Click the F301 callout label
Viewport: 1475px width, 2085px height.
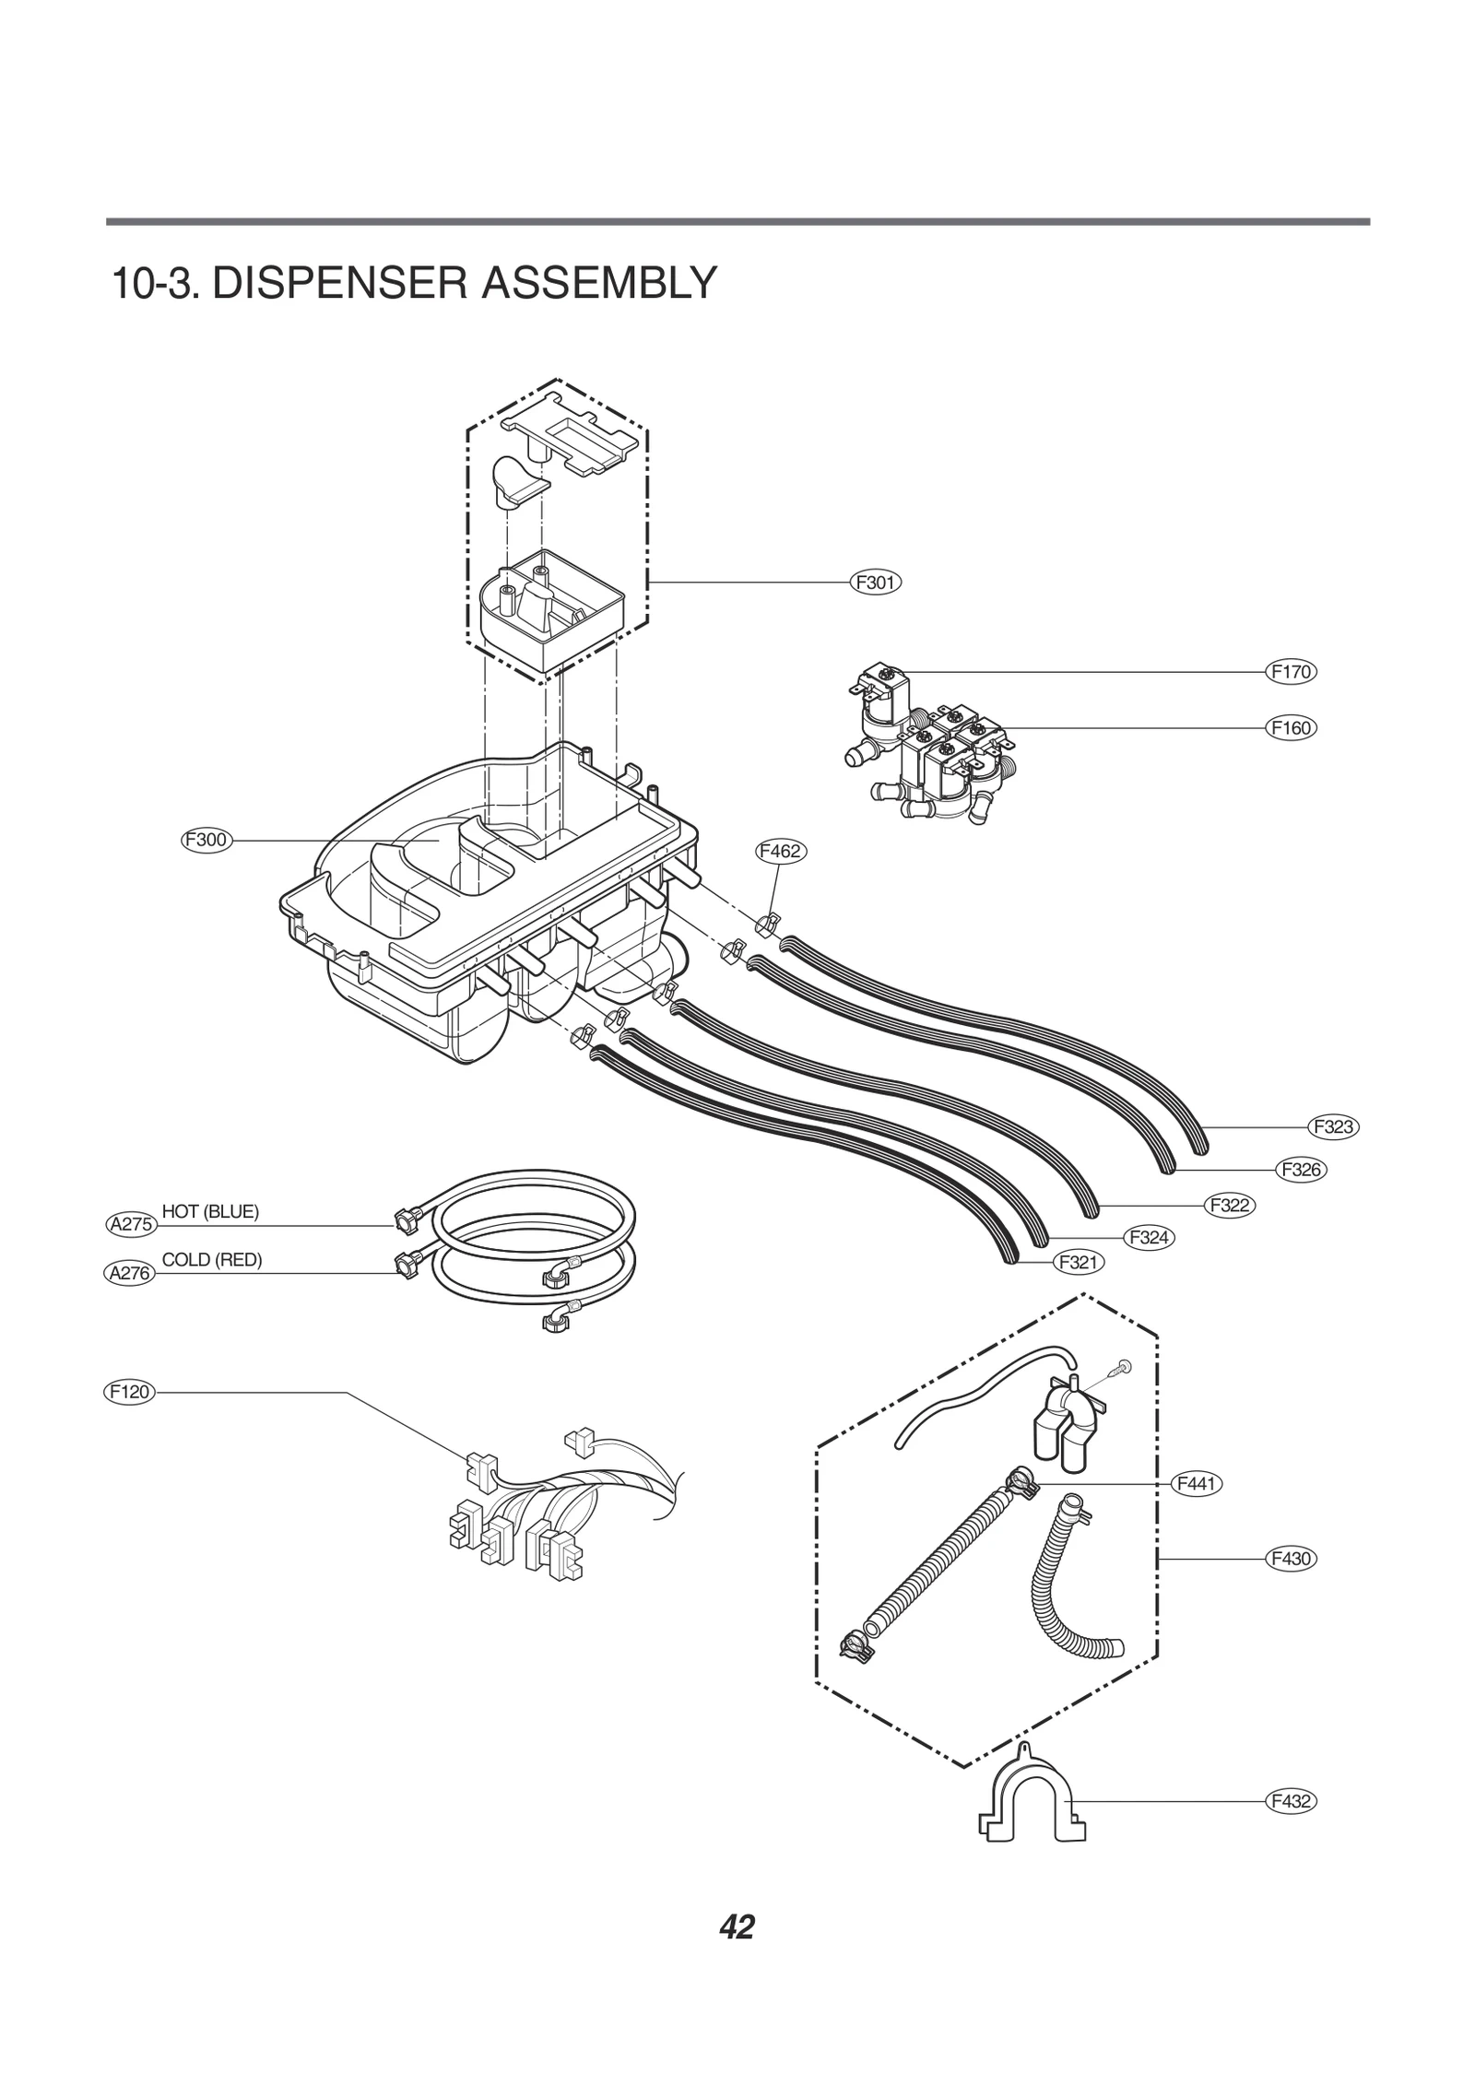[x=874, y=583]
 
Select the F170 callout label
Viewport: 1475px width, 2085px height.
[x=1290, y=672]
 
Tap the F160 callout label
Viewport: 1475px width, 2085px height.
[x=1290, y=728]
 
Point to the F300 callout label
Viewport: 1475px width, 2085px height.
[x=206, y=840]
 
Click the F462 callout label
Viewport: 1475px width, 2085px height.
[x=780, y=852]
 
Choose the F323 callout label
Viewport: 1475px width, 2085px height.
[x=1333, y=1126]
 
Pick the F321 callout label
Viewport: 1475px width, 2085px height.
[x=1078, y=1262]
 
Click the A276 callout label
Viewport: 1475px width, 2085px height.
[x=129, y=1274]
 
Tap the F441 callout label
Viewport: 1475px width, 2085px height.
[x=1196, y=1484]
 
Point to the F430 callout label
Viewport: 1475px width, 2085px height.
[x=1290, y=1559]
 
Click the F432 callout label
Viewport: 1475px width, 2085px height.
[x=1290, y=1801]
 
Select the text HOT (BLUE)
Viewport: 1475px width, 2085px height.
[x=210, y=1211]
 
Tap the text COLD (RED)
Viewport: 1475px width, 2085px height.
[x=212, y=1260]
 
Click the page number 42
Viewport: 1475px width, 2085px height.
[x=737, y=1927]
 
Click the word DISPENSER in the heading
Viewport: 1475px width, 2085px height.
[x=341, y=283]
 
